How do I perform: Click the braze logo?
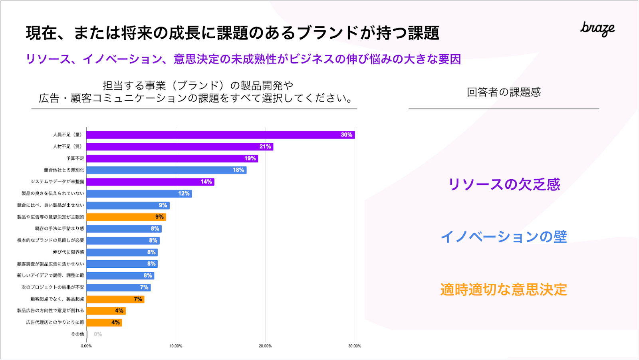coord(597,29)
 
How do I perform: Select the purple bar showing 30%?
coord(220,135)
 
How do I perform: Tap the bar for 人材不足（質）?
coord(180,147)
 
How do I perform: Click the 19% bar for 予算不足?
coord(172,158)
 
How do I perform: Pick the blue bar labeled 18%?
coord(166,170)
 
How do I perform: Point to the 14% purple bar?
coord(150,182)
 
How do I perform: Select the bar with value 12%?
coord(139,194)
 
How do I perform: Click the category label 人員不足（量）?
coord(67,135)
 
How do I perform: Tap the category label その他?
coord(77,334)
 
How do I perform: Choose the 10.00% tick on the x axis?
coord(176,346)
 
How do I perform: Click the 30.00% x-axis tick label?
coord(355,346)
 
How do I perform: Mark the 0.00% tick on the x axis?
coord(86,346)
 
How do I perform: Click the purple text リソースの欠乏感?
coord(504,184)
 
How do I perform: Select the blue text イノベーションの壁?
coord(504,237)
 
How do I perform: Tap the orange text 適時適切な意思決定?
coord(504,290)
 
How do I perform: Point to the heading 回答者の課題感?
coord(504,92)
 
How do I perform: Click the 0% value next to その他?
coord(98,334)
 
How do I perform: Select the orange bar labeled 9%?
coord(126,217)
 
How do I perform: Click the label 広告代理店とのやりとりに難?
coord(55,322)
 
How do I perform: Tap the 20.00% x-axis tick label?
coord(265,346)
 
